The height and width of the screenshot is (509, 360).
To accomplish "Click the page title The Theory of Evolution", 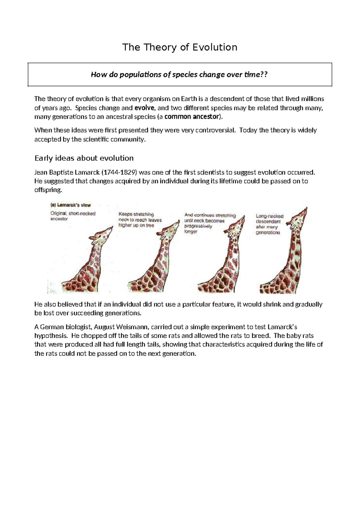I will tap(179, 47).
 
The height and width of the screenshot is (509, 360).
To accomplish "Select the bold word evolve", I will tap(145, 108).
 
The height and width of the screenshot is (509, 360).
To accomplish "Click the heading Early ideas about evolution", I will tap(84, 158).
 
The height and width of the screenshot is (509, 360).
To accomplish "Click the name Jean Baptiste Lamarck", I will tap(67, 173).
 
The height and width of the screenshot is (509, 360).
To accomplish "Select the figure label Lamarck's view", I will tap(70, 205).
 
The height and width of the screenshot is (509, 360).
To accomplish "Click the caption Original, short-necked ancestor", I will tap(73, 216).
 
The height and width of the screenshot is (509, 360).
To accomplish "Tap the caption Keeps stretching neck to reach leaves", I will tap(140, 220).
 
